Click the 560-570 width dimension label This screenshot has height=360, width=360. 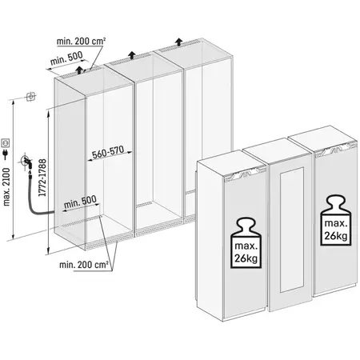(108, 153)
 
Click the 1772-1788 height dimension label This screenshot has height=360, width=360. (42, 178)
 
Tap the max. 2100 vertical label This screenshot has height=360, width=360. (6, 187)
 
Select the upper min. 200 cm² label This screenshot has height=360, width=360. (81, 42)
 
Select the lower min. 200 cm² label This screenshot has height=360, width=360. (84, 265)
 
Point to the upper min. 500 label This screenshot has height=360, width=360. (66, 58)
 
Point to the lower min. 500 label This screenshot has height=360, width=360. (80, 202)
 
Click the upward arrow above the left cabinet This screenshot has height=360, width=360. (79, 70)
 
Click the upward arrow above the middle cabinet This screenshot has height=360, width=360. (131, 55)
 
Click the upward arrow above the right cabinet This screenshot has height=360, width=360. (179, 42)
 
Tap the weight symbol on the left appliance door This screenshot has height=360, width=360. (246, 243)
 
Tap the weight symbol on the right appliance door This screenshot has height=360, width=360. (336, 220)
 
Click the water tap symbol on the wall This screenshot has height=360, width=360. (26, 162)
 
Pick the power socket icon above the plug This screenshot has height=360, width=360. (6, 143)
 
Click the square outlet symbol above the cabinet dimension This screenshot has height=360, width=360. (31, 96)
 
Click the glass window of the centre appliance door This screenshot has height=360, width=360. (291, 230)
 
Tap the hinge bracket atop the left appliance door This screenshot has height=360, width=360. (245, 174)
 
